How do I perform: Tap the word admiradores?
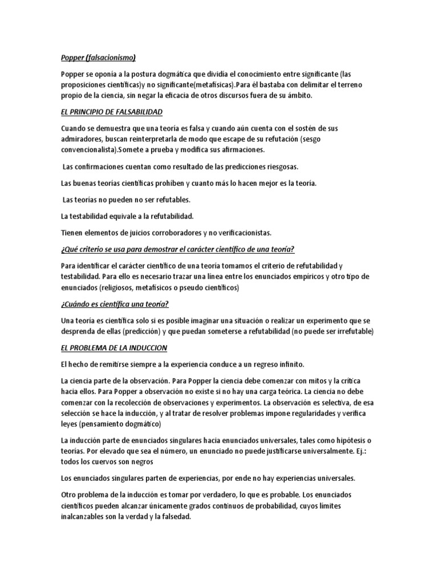[x=82, y=139]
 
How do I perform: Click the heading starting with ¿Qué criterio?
[x=177, y=250]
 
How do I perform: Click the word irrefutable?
[x=351, y=331]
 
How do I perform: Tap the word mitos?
[x=305, y=380]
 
